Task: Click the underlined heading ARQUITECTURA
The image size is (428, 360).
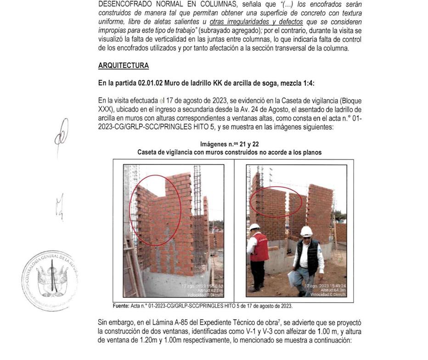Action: click(123, 66)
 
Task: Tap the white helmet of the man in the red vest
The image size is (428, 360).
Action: click(254, 227)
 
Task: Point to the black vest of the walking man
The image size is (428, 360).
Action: click(306, 255)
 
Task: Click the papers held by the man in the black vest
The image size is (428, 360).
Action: click(291, 278)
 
